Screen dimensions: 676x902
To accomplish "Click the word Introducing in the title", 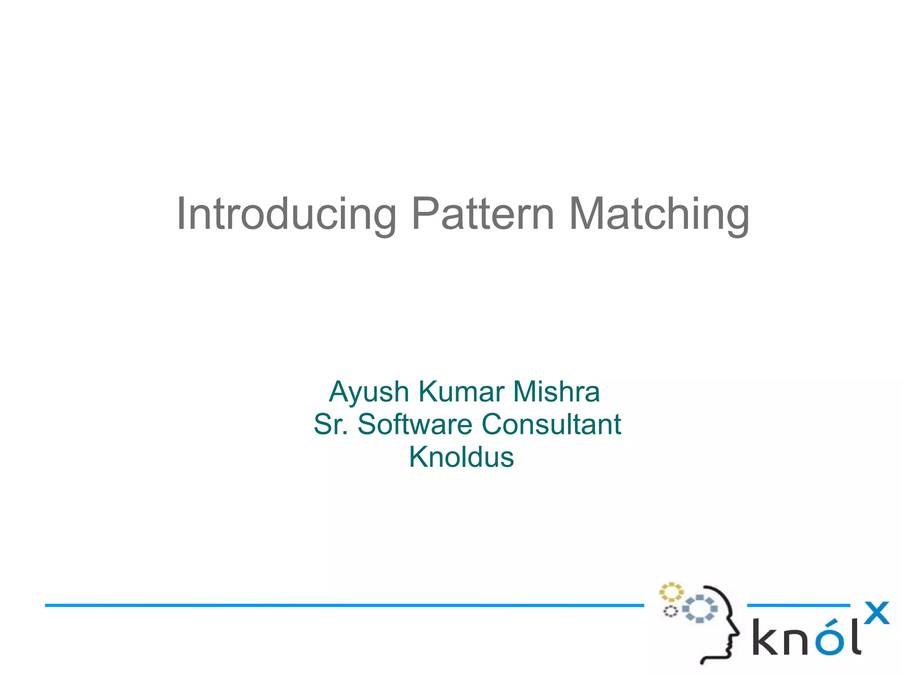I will click(x=286, y=214).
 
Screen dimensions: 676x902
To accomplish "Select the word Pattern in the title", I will click(x=482, y=214).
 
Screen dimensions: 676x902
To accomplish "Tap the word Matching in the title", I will click(x=659, y=214).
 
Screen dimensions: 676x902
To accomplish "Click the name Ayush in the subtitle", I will click(x=369, y=392).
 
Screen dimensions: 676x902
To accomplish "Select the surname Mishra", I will click(x=556, y=392).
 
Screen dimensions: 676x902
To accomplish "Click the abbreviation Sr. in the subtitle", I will click(x=331, y=424).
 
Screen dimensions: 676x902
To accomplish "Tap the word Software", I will click(x=415, y=424).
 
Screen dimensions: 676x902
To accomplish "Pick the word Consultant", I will click(x=551, y=424).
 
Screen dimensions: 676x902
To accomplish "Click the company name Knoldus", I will click(x=461, y=457).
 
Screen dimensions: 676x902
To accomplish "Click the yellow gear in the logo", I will click(x=671, y=592).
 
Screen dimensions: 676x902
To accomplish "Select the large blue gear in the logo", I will click(x=700, y=609).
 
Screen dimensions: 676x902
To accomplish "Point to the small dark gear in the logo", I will click(x=670, y=611).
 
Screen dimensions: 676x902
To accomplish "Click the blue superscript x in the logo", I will click(x=876, y=613).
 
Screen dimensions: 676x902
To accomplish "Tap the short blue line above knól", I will click(x=798, y=606).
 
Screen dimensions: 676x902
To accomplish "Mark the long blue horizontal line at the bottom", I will click(x=344, y=606).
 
